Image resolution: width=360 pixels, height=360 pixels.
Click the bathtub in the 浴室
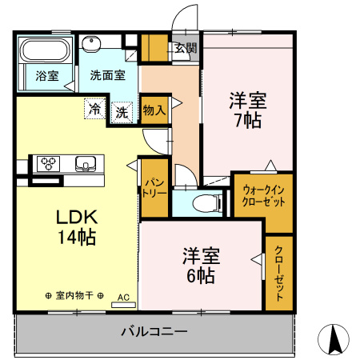[x=45, y=52]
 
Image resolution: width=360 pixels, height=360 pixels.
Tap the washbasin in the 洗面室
[x=90, y=45]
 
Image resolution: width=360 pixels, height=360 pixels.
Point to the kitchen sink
[x=84, y=164]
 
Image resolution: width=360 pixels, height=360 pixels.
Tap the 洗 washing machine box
[x=122, y=112]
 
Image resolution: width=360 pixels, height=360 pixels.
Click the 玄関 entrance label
[x=186, y=47]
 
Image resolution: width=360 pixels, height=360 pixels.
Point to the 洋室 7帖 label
[x=246, y=110]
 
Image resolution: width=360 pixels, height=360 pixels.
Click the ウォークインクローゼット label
[x=263, y=195]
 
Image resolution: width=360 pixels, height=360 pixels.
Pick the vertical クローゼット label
[x=278, y=272]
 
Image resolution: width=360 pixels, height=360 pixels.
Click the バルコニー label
[x=154, y=330]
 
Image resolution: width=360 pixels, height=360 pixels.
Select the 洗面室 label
[x=106, y=76]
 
